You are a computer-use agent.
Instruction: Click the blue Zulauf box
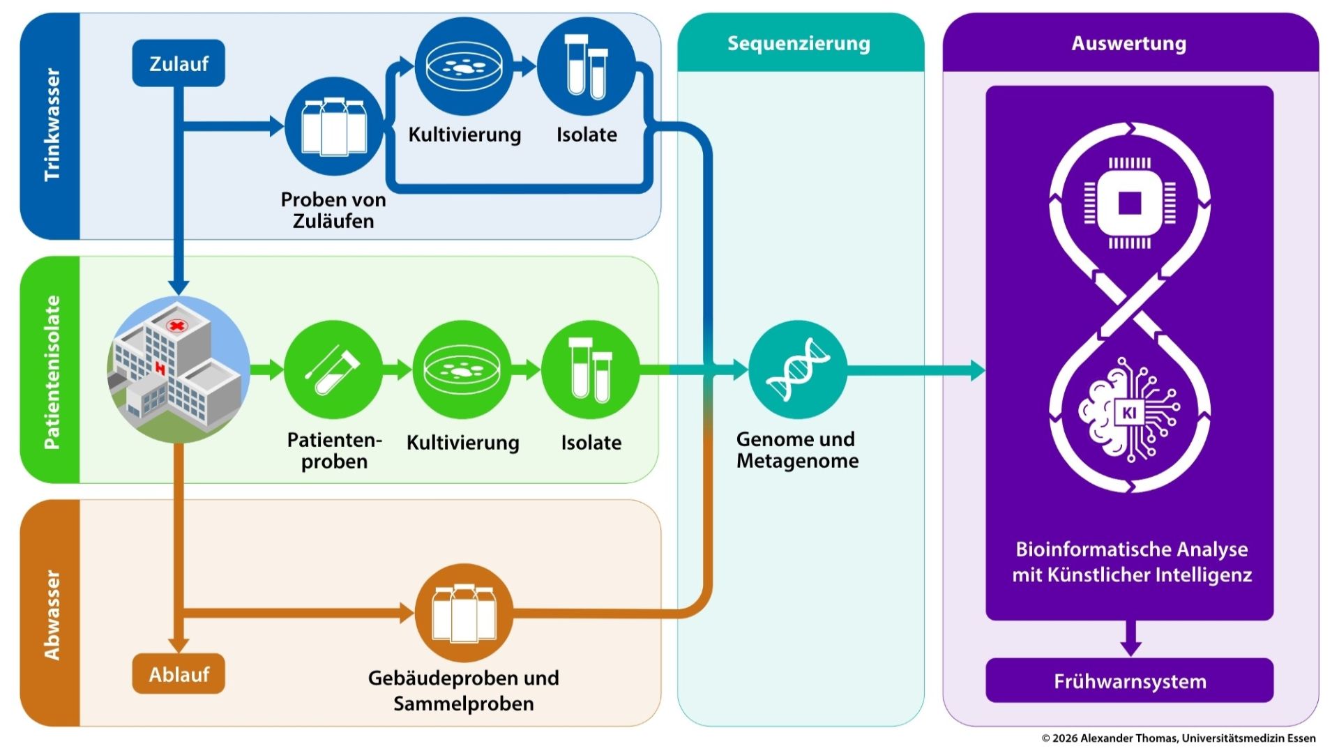coord(179,63)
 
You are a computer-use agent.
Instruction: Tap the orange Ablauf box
coord(179,674)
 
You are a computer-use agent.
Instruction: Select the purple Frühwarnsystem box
coord(1129,680)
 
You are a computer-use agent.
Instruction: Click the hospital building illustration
coord(179,370)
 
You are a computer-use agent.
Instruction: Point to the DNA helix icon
coord(798,370)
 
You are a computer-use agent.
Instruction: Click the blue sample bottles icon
coord(333,127)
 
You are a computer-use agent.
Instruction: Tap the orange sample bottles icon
coord(464,614)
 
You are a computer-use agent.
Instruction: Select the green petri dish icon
coord(462,370)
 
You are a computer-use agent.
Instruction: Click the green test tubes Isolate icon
coord(590,370)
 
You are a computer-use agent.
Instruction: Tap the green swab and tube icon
coord(333,370)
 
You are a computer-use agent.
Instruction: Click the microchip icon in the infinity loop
coord(1130,203)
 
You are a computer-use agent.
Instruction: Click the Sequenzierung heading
coord(799,43)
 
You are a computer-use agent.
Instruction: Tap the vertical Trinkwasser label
coord(52,125)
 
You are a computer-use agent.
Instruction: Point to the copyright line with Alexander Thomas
coord(1179,738)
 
